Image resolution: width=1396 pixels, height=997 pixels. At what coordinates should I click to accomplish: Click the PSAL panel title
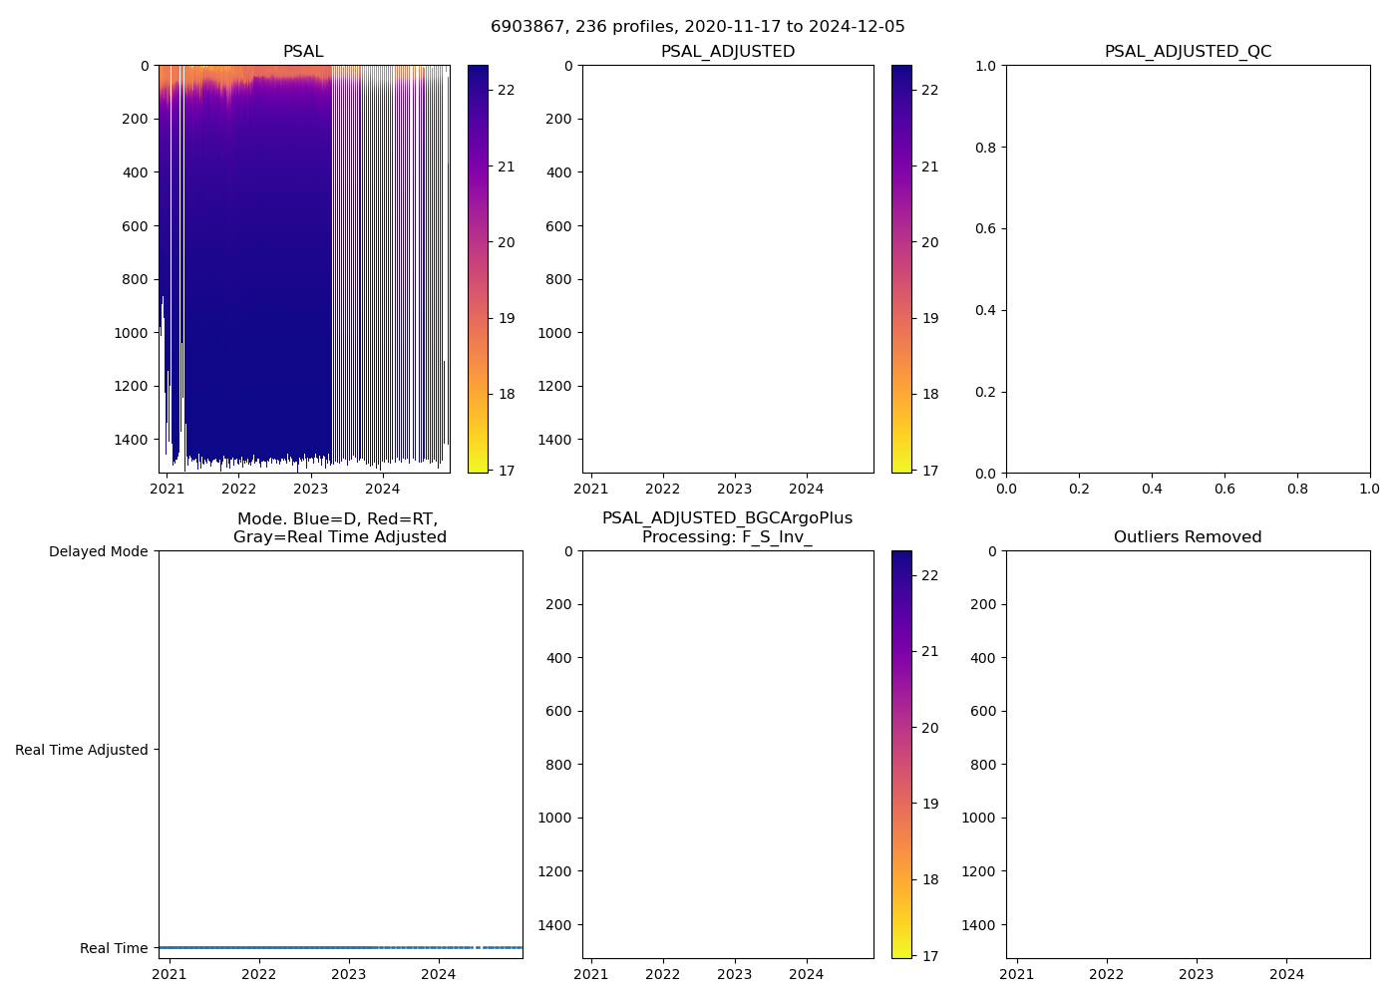(303, 52)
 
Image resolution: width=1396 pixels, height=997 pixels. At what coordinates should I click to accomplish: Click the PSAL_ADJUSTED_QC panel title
(1188, 52)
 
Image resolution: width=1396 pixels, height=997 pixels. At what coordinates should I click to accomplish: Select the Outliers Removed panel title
(1188, 537)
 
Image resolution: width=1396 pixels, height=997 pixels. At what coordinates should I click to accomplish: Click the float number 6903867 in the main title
(528, 27)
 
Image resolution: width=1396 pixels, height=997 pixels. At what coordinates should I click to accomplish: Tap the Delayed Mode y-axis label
(98, 551)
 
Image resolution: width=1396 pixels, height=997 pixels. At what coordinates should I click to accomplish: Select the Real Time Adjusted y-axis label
(81, 750)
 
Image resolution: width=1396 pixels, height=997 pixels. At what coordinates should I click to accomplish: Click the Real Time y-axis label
(114, 948)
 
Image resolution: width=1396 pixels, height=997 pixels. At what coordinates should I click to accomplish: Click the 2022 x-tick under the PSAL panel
(238, 489)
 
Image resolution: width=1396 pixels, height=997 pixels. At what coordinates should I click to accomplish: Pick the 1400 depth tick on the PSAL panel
(131, 440)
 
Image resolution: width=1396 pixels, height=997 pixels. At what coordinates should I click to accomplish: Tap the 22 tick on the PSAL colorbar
(507, 90)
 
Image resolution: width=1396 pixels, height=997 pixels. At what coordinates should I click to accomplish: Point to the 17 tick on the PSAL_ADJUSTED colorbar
(929, 471)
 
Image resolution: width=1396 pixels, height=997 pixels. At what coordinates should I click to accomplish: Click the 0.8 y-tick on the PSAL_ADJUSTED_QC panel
(986, 148)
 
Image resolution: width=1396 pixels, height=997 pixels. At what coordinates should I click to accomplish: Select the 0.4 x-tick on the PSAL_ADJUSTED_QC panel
(1152, 489)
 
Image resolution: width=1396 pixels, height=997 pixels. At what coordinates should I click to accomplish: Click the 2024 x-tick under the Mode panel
(439, 974)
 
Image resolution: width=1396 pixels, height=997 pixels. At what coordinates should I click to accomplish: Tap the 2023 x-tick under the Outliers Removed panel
(1197, 974)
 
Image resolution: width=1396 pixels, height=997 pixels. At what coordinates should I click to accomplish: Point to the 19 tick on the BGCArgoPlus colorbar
(929, 804)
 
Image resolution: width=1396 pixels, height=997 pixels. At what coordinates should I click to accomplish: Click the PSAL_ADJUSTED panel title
(728, 52)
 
